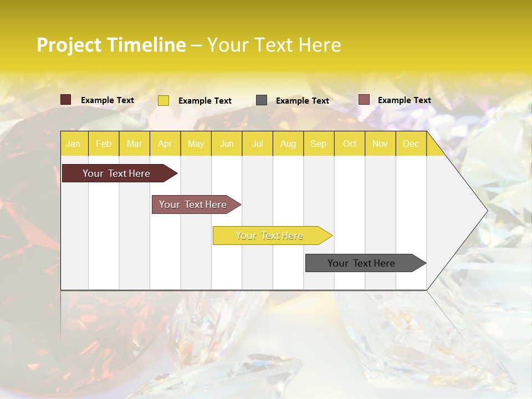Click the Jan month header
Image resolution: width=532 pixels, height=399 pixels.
(x=73, y=144)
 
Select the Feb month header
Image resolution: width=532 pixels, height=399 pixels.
(x=104, y=144)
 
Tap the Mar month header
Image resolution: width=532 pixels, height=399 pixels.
(x=134, y=144)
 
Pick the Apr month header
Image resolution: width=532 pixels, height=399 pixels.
(x=165, y=144)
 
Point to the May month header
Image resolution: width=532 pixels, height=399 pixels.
(x=196, y=144)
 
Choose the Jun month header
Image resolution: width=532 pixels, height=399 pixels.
(x=227, y=144)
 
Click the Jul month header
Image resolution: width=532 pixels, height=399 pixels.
(x=257, y=144)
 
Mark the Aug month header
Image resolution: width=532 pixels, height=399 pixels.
(x=288, y=144)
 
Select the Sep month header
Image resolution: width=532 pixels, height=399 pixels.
(x=318, y=144)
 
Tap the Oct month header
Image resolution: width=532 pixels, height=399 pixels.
(x=350, y=144)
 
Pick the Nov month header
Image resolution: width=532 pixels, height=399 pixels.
(x=380, y=144)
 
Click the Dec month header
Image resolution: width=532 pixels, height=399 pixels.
(x=411, y=144)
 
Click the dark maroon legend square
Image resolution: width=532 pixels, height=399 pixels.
(x=65, y=100)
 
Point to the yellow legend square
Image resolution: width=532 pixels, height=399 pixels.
(x=163, y=100)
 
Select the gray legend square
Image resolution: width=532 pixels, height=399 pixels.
(x=262, y=100)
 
